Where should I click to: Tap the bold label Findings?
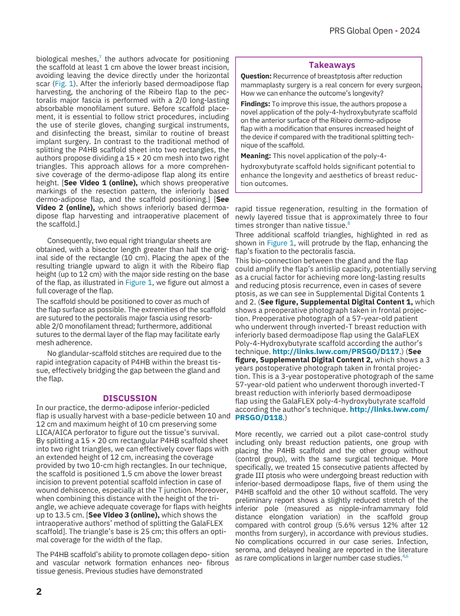tap(255, 103)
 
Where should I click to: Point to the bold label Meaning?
tap(255, 156)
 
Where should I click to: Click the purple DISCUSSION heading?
tap(130, 398)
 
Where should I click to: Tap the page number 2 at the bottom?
tap(40, 592)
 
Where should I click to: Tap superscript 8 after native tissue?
tap(349, 223)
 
